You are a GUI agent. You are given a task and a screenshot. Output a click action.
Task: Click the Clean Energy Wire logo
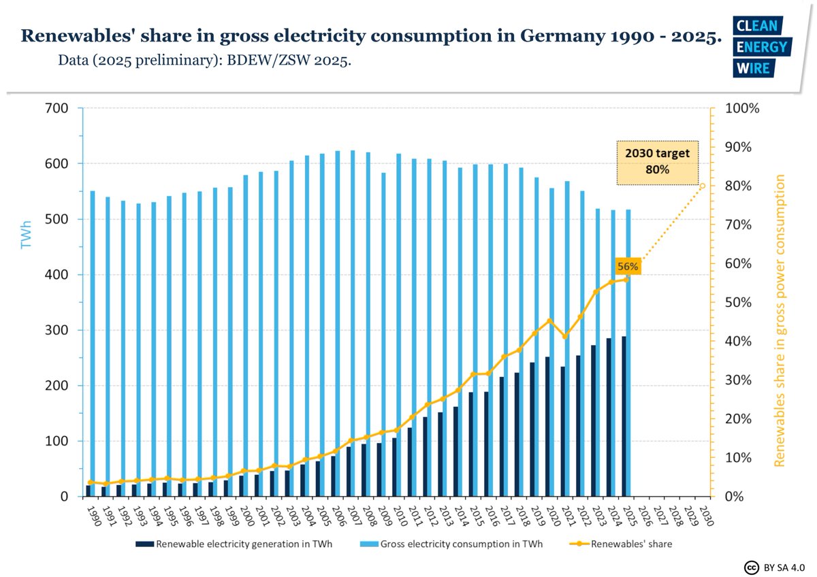pos(760,46)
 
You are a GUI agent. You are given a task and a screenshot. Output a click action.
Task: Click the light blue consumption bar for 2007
pos(353,323)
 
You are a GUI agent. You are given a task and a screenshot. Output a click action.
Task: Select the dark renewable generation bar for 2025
pos(624,416)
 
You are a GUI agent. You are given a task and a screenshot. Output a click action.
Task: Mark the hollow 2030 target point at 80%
pos(703,186)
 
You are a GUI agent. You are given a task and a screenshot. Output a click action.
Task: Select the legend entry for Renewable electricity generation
pos(242,544)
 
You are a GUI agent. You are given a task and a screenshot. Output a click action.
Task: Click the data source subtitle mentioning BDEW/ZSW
pos(205,61)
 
